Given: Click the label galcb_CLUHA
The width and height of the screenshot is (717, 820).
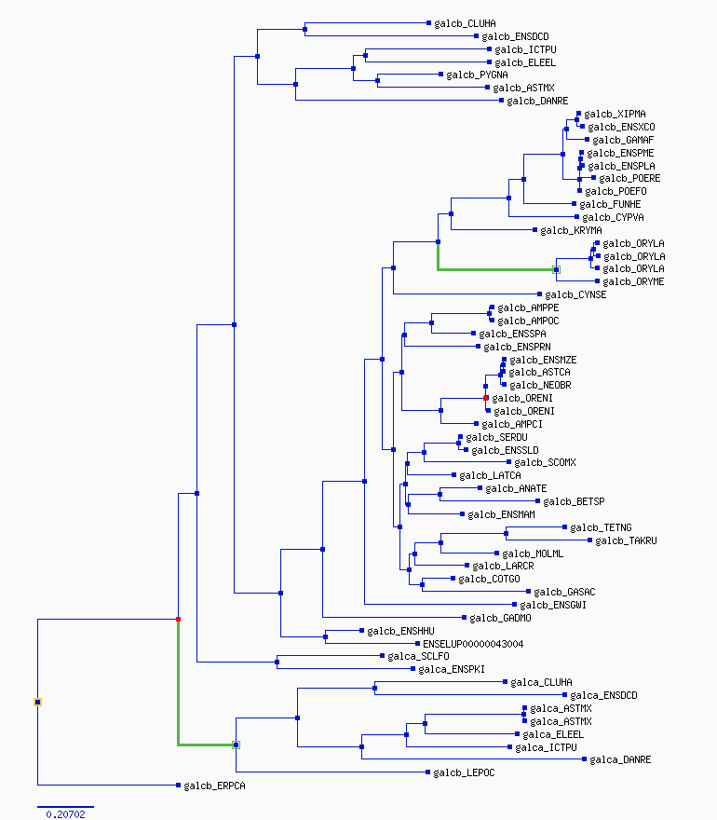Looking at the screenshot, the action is click(465, 23).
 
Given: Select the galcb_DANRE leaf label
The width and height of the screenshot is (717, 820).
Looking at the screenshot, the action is click(537, 101).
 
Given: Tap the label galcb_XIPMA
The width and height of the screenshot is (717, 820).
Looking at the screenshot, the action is click(615, 114).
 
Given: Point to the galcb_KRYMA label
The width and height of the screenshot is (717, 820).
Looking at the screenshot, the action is click(571, 231).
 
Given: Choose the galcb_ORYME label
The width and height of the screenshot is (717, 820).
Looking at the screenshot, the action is click(633, 281).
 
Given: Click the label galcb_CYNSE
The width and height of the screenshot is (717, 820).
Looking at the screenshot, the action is click(575, 295).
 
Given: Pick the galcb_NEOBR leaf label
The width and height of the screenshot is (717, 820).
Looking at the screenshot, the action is click(540, 386).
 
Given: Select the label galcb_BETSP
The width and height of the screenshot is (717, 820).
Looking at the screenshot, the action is click(574, 502).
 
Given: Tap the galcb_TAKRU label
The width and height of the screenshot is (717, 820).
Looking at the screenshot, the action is click(626, 540).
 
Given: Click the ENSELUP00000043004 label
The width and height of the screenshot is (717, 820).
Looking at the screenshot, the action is click(473, 644).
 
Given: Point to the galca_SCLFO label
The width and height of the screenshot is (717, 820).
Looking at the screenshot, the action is click(418, 656).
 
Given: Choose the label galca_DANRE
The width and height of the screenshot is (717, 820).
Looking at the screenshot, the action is click(620, 759).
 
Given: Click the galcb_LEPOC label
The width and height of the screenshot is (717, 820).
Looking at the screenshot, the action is click(464, 772).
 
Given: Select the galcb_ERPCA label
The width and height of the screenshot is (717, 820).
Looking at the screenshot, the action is click(214, 786).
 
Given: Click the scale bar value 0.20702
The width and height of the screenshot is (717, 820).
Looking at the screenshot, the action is click(65, 814).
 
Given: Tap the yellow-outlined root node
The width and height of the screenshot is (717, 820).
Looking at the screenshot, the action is click(37, 703).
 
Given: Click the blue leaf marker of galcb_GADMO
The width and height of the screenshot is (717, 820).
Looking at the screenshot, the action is click(464, 618).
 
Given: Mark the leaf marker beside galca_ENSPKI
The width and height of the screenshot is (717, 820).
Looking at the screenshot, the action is click(413, 669).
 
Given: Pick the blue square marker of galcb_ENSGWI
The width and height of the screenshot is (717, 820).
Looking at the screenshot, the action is click(514, 605).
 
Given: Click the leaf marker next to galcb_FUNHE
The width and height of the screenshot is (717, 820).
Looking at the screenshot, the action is click(574, 204).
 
